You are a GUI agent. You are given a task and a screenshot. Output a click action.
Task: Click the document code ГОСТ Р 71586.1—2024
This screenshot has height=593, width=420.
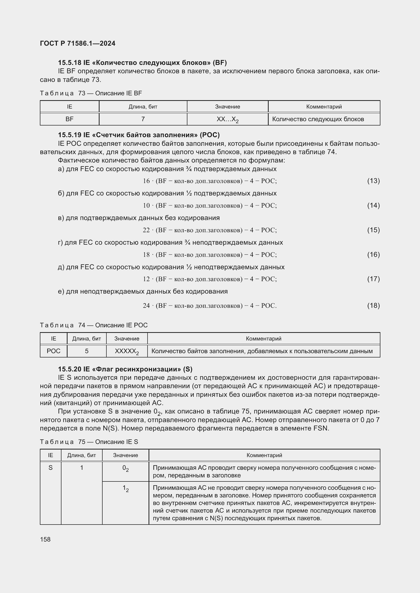(x=78, y=43)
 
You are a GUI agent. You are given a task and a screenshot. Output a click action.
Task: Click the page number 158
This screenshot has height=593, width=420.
(x=45, y=539)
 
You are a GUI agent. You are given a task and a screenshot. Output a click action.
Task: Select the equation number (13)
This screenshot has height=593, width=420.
(x=373, y=181)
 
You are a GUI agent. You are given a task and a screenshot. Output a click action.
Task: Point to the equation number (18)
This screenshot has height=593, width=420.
(x=373, y=306)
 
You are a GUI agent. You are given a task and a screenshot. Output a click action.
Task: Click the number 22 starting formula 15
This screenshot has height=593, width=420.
(x=146, y=230)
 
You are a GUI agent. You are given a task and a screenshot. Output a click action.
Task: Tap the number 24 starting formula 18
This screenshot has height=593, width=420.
(x=146, y=306)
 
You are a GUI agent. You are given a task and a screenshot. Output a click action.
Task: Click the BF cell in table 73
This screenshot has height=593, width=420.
(x=69, y=119)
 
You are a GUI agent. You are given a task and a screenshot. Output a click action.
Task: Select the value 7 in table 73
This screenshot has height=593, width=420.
(x=143, y=119)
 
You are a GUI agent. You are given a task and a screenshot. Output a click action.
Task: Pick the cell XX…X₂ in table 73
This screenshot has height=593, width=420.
(x=227, y=119)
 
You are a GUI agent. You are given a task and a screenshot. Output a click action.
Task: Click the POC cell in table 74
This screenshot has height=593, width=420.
(x=54, y=351)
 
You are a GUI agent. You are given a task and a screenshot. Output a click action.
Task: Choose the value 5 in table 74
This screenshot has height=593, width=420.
(x=87, y=351)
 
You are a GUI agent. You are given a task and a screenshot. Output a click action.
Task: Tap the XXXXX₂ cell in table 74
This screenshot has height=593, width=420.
(x=127, y=351)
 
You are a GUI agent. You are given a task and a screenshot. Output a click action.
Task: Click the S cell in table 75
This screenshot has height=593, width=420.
(x=51, y=468)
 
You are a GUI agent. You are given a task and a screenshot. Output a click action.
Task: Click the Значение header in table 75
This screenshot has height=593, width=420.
(x=125, y=455)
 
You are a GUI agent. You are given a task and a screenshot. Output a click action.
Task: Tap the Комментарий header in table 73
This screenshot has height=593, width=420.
(x=324, y=107)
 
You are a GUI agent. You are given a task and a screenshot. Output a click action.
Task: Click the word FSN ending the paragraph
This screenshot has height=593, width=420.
(x=320, y=428)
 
